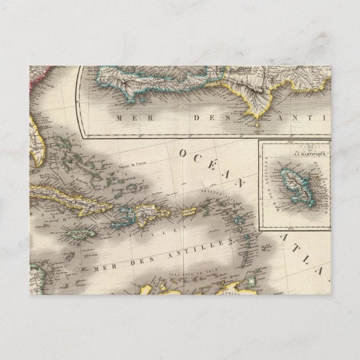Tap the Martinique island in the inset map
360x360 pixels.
tap(294, 178)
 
